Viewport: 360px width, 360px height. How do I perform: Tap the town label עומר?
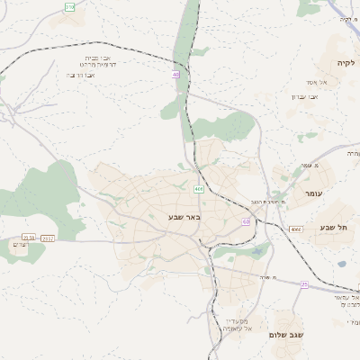coord(313,194)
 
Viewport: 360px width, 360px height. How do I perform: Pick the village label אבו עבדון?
coord(305,96)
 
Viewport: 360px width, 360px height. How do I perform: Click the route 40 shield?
coord(175,75)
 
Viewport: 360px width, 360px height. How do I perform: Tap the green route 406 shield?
coord(198,189)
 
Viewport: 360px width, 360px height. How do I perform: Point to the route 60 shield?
coord(245,221)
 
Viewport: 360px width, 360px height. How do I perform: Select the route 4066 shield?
coord(296,229)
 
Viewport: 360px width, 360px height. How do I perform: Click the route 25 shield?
coord(304,284)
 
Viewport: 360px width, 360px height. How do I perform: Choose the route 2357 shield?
coord(48,238)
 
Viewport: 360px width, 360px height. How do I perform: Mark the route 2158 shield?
coord(28,238)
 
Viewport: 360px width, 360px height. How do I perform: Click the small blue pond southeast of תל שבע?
coord(342,264)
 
